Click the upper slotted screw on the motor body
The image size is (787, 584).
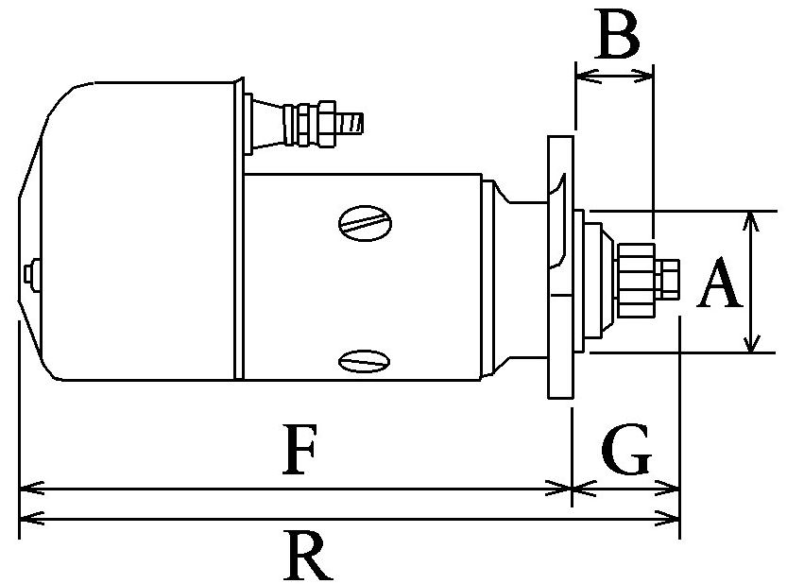(x=364, y=223)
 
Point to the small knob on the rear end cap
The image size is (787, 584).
(x=32, y=271)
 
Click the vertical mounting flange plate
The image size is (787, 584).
(x=560, y=266)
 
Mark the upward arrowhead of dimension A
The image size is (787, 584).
(x=751, y=217)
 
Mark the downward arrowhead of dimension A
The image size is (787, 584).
(x=751, y=345)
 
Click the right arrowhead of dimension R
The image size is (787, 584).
(x=673, y=518)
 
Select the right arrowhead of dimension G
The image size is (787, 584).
(x=673, y=490)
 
